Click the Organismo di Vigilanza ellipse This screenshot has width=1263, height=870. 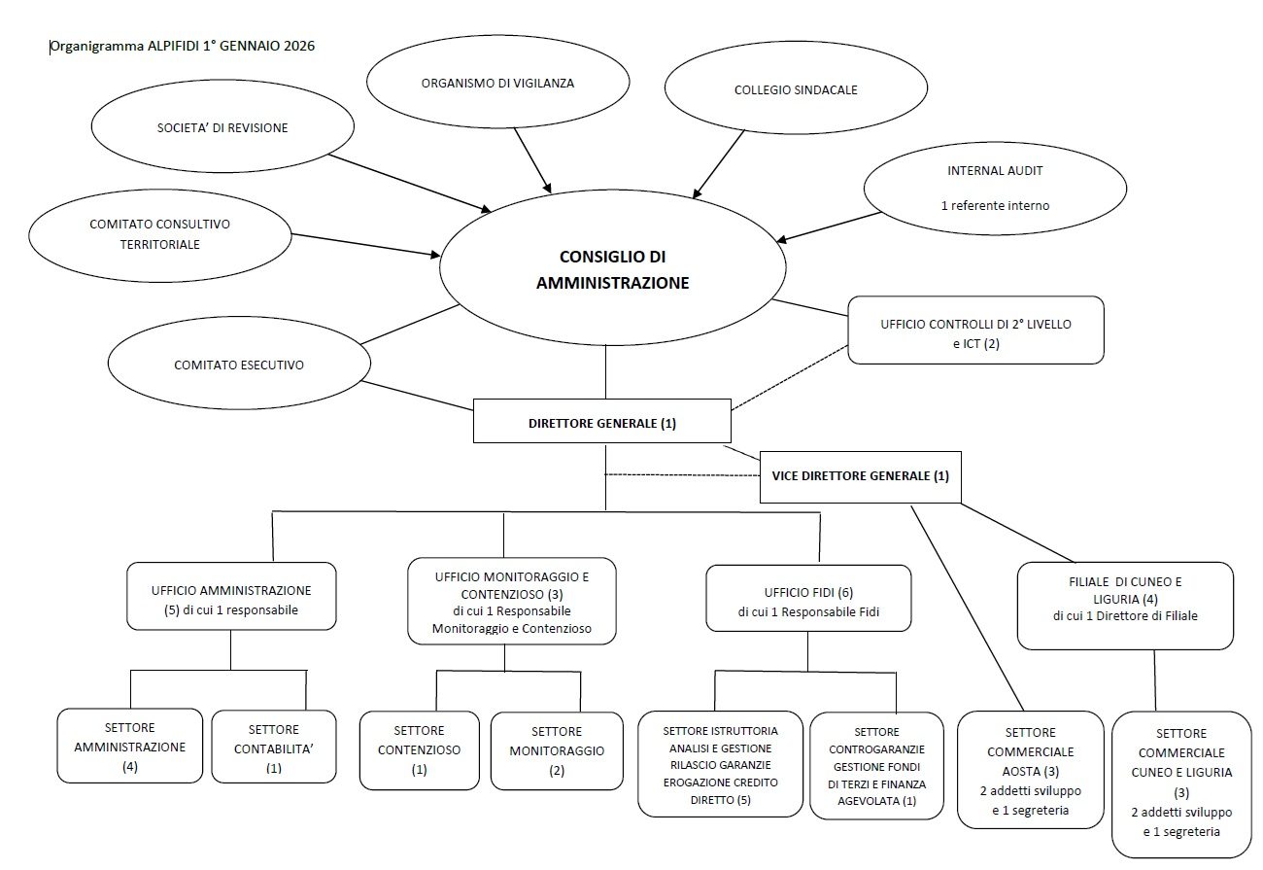coord(497,84)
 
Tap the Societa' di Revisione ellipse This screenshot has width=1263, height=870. coord(222,128)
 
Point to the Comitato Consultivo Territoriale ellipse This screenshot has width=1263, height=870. coord(160,233)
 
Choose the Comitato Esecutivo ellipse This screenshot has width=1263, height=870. coord(239,365)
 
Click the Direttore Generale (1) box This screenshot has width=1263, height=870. coord(601,424)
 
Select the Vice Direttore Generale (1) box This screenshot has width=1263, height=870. coord(860,476)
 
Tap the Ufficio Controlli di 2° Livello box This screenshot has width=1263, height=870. coord(975,331)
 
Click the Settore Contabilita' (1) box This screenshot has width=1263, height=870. coord(273,747)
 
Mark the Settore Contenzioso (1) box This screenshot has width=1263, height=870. coord(419,749)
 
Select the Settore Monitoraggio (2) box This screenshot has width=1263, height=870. coord(557,750)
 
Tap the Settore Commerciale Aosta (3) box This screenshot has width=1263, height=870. coord(1030,770)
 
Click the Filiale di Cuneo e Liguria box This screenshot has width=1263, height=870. coord(1125,606)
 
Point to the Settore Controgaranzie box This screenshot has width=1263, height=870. coord(876,765)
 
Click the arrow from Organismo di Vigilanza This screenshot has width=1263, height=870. coord(531,158)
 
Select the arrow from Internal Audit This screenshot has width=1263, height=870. coord(821,226)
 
